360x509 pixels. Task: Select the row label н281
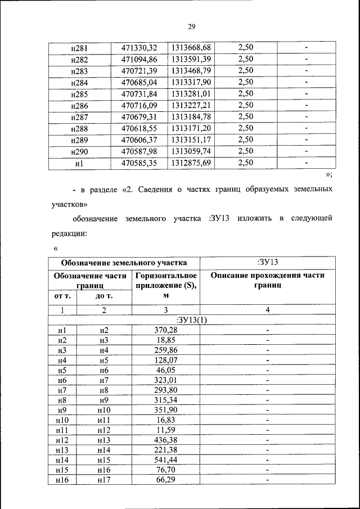coord(79,47)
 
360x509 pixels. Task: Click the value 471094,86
coord(139,58)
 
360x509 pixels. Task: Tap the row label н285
coord(79,93)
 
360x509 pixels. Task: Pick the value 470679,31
coord(139,116)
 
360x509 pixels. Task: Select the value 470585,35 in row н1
coord(139,163)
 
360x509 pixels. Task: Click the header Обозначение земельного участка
coord(124,263)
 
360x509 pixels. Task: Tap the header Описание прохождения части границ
coord(268,280)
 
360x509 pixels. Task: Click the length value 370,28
coord(166,331)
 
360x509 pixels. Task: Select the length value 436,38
coord(166,440)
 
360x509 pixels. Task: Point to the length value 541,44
coord(166,460)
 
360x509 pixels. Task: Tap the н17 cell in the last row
coord(103,480)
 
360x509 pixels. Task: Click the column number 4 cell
coord(268,310)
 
